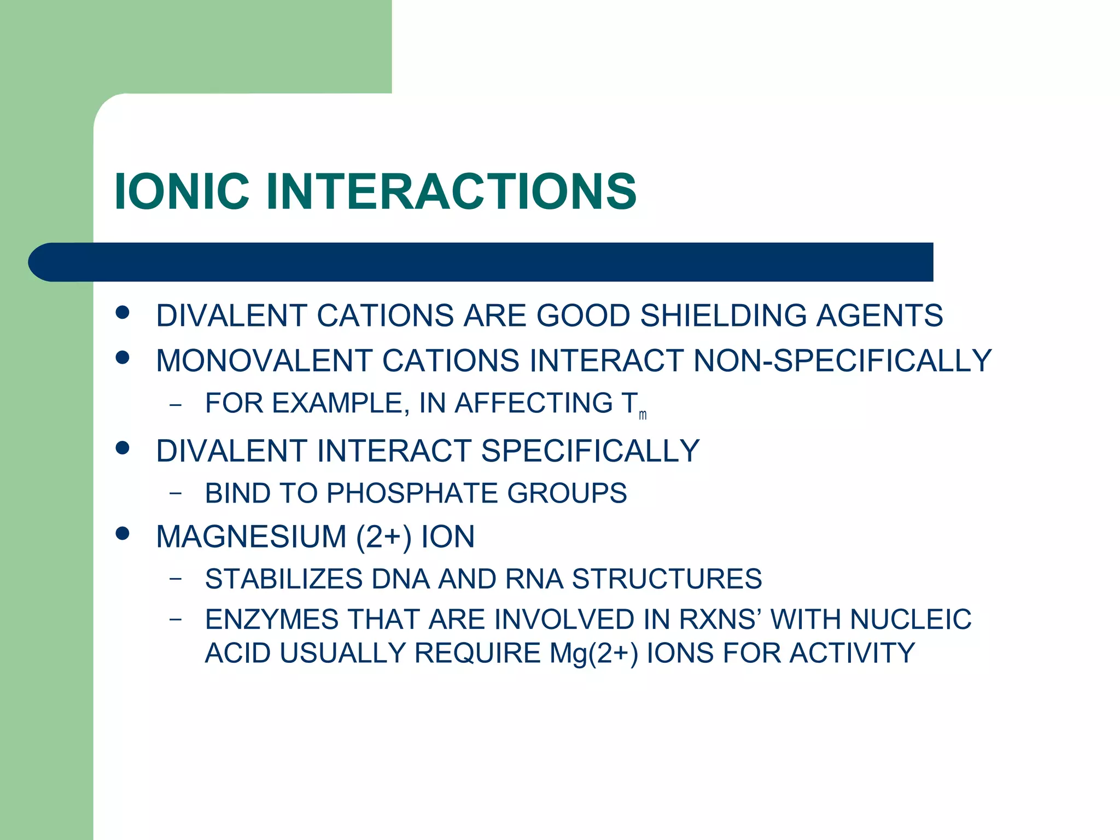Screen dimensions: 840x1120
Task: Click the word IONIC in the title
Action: pyautogui.click(x=182, y=191)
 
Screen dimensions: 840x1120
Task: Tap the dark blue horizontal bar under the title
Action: pyautogui.click(x=481, y=262)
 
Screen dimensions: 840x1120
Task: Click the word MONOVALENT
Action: pyautogui.click(x=264, y=361)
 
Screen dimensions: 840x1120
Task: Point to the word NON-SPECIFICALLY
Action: pyautogui.click(x=842, y=361)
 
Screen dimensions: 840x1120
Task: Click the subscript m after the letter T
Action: pyautogui.click(x=643, y=416)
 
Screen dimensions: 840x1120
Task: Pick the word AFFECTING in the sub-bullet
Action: pyautogui.click(x=534, y=403)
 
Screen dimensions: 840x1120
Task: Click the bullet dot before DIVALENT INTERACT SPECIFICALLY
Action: pyautogui.click(x=122, y=448)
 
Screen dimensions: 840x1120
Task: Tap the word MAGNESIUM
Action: pyautogui.click(x=251, y=536)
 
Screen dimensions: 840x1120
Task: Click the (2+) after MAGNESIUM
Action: pyautogui.click(x=383, y=536)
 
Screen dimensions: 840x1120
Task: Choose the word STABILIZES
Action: pyautogui.click(x=284, y=579)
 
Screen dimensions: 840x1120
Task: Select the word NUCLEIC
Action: pyautogui.click(x=910, y=620)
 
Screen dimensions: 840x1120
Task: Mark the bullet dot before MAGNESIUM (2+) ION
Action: pyautogui.click(x=122, y=533)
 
